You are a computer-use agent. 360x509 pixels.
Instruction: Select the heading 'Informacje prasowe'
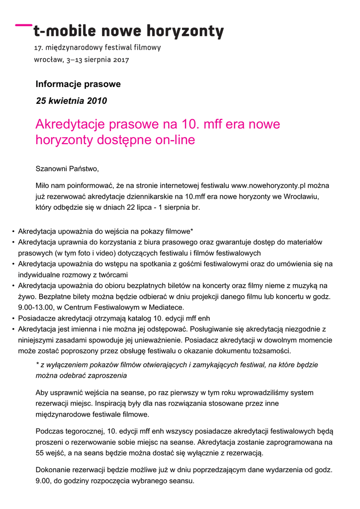(x=78, y=84)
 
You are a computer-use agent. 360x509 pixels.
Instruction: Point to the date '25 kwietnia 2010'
(x=72, y=101)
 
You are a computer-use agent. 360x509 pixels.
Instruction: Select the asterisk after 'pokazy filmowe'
(x=192, y=231)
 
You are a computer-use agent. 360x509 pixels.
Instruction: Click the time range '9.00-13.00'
(x=36, y=307)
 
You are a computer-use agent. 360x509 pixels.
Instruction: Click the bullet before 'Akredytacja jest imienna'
(x=12, y=329)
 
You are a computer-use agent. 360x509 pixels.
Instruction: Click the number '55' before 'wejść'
(x=40, y=453)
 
